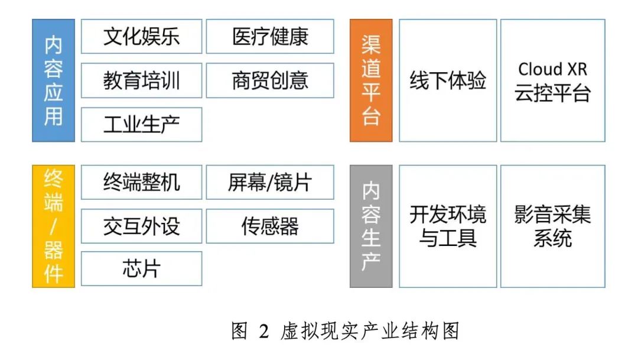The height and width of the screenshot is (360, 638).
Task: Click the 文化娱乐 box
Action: click(141, 37)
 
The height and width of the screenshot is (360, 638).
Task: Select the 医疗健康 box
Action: click(270, 37)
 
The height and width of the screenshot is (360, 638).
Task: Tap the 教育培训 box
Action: click(141, 80)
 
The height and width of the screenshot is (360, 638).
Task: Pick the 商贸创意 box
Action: click(270, 80)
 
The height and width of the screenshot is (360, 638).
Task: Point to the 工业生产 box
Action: click(141, 124)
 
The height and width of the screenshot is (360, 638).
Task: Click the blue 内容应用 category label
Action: click(53, 80)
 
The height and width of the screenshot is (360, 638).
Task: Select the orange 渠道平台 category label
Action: click(371, 80)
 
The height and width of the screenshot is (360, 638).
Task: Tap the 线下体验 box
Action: click(448, 80)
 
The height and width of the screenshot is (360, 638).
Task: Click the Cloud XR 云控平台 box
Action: click(552, 80)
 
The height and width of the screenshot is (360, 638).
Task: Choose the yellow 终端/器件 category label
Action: click(53, 226)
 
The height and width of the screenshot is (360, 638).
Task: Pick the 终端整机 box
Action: click(141, 182)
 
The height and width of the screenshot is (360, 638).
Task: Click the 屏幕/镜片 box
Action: click(270, 182)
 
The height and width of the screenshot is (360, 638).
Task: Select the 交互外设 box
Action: click(141, 226)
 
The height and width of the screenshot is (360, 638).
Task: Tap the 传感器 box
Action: click(270, 226)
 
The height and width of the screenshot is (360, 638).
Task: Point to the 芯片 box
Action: click(141, 269)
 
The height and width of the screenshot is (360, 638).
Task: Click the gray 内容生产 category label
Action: click(371, 226)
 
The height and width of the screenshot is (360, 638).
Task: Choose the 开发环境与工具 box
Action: click(448, 226)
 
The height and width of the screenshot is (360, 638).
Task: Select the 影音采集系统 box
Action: click(552, 226)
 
